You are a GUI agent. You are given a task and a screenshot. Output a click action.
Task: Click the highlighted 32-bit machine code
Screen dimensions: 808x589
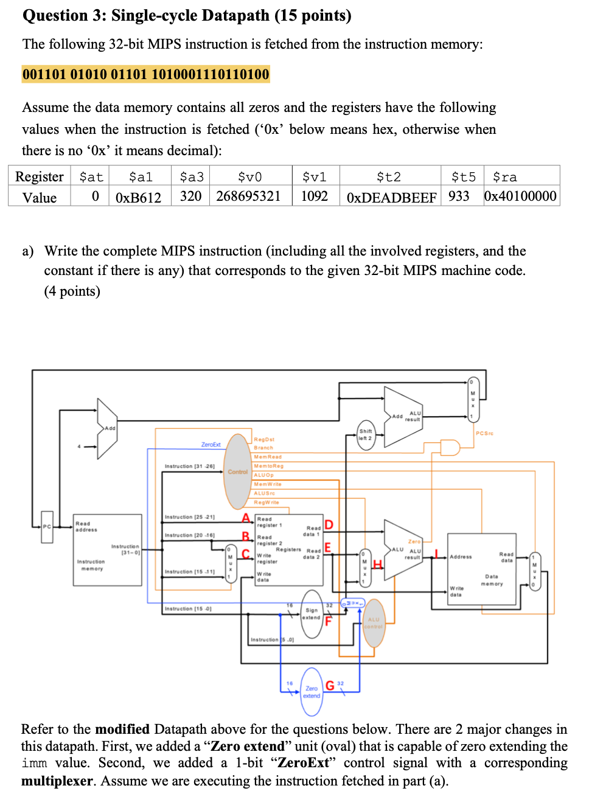(145, 74)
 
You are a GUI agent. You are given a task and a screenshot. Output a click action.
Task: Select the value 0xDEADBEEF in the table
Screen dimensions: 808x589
(391, 197)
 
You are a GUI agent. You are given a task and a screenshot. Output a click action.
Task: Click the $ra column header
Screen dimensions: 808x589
(504, 176)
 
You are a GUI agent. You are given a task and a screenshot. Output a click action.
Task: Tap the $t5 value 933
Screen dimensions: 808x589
(459, 196)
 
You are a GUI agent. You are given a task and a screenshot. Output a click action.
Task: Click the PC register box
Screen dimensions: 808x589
(47, 526)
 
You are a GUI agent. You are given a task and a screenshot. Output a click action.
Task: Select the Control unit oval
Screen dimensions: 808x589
(237, 472)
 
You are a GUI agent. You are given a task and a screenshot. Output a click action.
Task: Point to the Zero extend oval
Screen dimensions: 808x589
(312, 692)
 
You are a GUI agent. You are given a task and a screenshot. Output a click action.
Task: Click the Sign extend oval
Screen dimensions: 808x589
(312, 613)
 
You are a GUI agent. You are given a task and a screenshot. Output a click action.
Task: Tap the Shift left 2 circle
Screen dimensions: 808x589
(366, 434)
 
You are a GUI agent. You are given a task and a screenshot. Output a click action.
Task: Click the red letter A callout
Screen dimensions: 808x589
(246, 518)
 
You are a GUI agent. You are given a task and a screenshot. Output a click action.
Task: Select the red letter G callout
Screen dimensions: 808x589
(329, 686)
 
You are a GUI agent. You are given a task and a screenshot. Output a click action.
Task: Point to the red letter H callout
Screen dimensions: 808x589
(377, 565)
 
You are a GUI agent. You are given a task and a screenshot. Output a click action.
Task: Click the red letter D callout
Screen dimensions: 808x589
(329, 524)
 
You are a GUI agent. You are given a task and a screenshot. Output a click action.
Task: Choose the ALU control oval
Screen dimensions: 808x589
(374, 622)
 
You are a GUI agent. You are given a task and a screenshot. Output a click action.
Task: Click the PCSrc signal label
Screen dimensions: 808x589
(484, 433)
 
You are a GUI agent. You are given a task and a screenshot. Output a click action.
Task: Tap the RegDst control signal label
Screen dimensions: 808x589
(264, 439)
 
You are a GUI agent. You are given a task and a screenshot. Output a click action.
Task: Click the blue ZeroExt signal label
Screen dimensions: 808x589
(211, 445)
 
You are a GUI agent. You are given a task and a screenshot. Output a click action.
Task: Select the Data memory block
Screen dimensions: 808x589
(481, 569)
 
